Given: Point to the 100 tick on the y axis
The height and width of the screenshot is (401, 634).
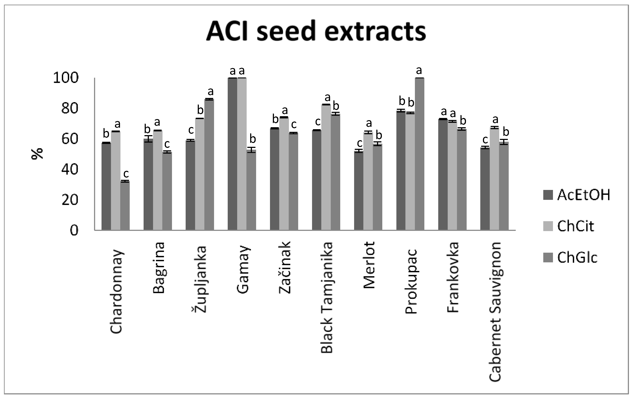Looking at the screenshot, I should pyautogui.click(x=66, y=78).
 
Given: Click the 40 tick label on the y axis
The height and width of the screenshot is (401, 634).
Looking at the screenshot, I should pyautogui.click(x=70, y=169).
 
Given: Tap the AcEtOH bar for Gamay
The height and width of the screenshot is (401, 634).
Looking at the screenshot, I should pyautogui.click(x=232, y=154).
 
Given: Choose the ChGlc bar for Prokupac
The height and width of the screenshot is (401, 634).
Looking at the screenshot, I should pyautogui.click(x=420, y=154).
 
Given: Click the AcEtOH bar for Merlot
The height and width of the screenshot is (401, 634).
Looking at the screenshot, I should pyautogui.click(x=359, y=191).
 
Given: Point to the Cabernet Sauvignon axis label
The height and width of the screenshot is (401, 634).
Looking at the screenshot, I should pyautogui.click(x=495, y=312).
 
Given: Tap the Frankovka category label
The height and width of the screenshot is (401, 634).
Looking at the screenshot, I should pyautogui.click(x=453, y=277).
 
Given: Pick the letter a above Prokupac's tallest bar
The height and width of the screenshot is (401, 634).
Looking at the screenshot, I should pyautogui.click(x=419, y=70).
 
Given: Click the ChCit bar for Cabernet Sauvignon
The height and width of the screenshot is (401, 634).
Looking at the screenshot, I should pyautogui.click(x=494, y=179).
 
